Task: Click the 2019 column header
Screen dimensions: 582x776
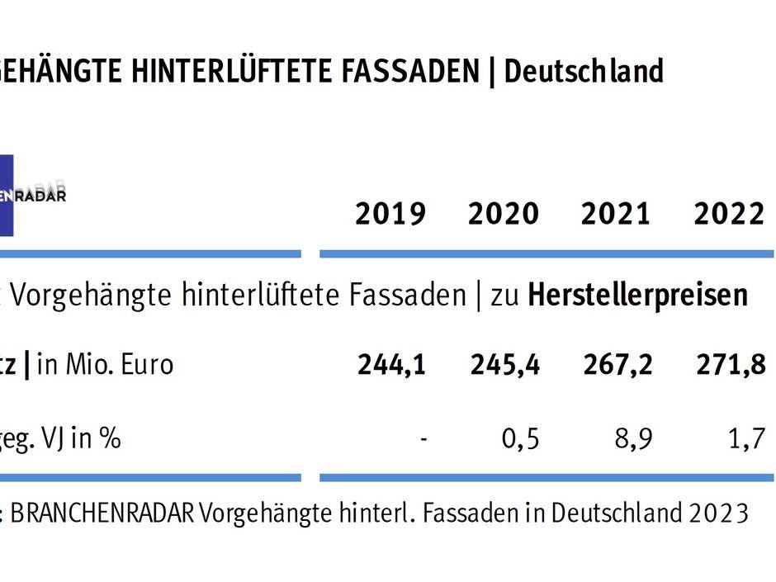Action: [x=390, y=215]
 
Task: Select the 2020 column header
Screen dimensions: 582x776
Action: [x=504, y=215]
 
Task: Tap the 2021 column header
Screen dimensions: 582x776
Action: [x=616, y=215]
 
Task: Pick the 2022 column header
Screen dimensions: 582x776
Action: [x=729, y=215]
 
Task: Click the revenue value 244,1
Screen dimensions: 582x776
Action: [x=392, y=364]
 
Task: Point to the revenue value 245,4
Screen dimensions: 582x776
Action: [x=505, y=364]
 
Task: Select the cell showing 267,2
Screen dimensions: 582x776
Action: [x=617, y=364]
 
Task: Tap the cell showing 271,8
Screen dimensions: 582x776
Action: [x=730, y=364]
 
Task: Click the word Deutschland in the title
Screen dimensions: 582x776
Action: [x=584, y=72]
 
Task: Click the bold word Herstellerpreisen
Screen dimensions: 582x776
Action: [x=637, y=295]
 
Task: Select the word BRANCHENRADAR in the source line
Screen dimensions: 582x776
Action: [x=103, y=513]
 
